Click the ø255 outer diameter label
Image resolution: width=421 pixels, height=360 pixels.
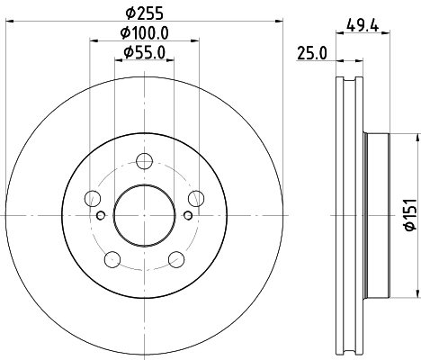pyautogui.click(x=144, y=13)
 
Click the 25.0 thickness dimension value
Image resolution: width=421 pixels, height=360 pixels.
pyautogui.click(x=310, y=54)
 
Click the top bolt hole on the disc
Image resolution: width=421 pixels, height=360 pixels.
pyautogui.click(x=144, y=162)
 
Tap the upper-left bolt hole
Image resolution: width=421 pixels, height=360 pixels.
pyautogui.click(x=92, y=199)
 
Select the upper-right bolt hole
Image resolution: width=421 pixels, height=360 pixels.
pyautogui.click(x=195, y=199)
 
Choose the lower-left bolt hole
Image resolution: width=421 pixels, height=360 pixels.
pyautogui.click(x=112, y=260)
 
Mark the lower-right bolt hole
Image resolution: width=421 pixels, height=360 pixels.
pyautogui.click(x=175, y=260)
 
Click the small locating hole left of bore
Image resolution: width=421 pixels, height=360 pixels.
pyautogui.click(x=101, y=214)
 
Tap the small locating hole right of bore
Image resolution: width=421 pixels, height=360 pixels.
pyautogui.click(x=187, y=214)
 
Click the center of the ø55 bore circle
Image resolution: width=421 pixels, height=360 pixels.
pyautogui.click(x=144, y=215)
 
